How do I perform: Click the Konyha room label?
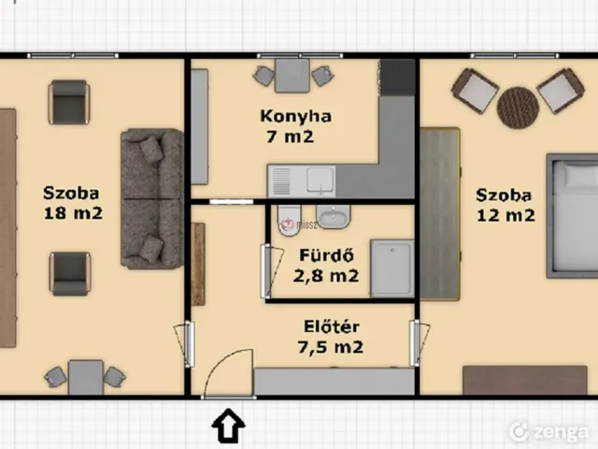click(x=295, y=116)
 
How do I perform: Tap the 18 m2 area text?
click(x=73, y=213)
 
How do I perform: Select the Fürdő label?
click(x=326, y=255)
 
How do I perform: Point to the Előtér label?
click(x=332, y=326)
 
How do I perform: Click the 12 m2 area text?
click(x=505, y=216)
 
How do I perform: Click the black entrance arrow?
click(x=228, y=425)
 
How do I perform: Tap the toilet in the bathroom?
click(x=290, y=221)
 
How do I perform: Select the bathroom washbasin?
click(x=333, y=216)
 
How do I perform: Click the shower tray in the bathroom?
click(x=392, y=268)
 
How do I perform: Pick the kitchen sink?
click(x=320, y=179)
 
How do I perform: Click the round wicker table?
click(x=518, y=108)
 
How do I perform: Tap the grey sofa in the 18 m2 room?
click(x=152, y=198)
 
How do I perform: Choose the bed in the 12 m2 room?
click(x=572, y=216)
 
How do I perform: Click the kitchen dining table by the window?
click(x=292, y=76)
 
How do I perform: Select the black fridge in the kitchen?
click(x=397, y=77)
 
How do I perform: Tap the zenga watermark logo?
click(x=548, y=431)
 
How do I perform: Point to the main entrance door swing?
click(x=229, y=373)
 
